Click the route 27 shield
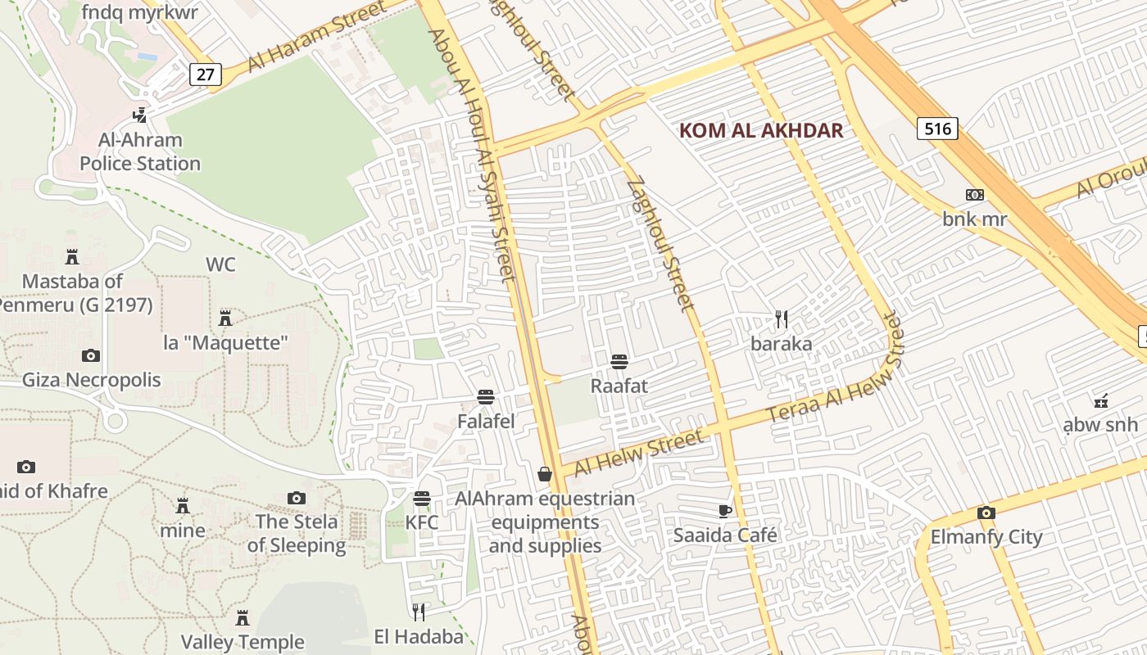point(205,75)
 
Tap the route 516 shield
point(937,128)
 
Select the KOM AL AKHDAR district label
point(761,130)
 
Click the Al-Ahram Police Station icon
point(140,115)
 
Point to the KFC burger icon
point(422,499)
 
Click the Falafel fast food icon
point(486,398)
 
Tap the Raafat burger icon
point(619,361)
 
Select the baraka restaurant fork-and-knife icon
point(782,318)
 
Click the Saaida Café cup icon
point(724,511)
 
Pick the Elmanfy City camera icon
point(986,513)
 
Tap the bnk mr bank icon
point(975,195)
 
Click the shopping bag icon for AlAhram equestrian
point(545,474)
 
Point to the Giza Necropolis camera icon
point(91,355)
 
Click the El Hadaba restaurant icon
point(419,612)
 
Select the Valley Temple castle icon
point(243,617)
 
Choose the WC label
point(220,264)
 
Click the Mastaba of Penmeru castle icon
point(72,257)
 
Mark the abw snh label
point(1100,424)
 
